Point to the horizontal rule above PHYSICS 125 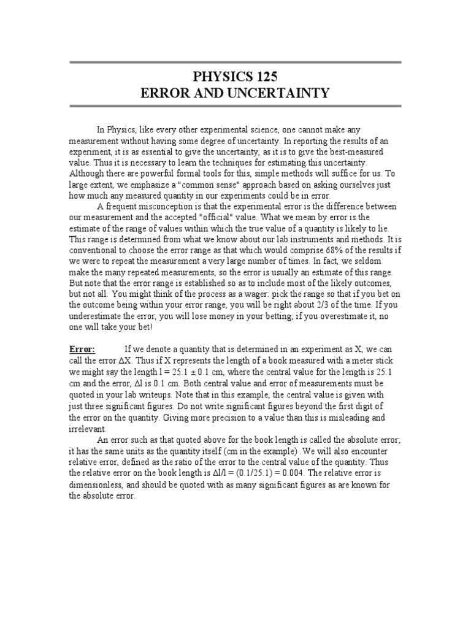pyautogui.click(x=235, y=62)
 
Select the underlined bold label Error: pyautogui.click(x=82, y=349)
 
